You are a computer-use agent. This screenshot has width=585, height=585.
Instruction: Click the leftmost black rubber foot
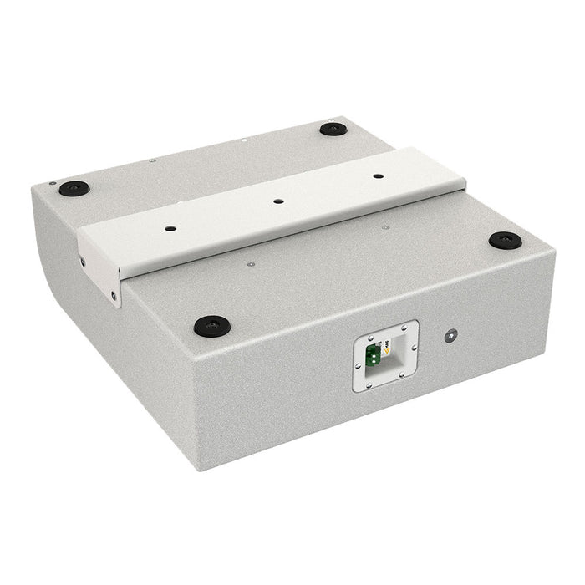point(74,187)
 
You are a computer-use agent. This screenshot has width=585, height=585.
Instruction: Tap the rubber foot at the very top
point(333,129)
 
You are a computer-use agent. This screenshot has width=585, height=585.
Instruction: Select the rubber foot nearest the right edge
point(505,241)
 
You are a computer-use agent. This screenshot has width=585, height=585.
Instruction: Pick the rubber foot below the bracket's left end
point(211,324)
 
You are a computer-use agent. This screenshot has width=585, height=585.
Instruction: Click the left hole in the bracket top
point(170,227)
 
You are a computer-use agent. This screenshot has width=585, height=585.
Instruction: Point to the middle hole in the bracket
point(277,201)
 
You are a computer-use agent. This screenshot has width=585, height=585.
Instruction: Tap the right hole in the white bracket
point(378,176)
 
